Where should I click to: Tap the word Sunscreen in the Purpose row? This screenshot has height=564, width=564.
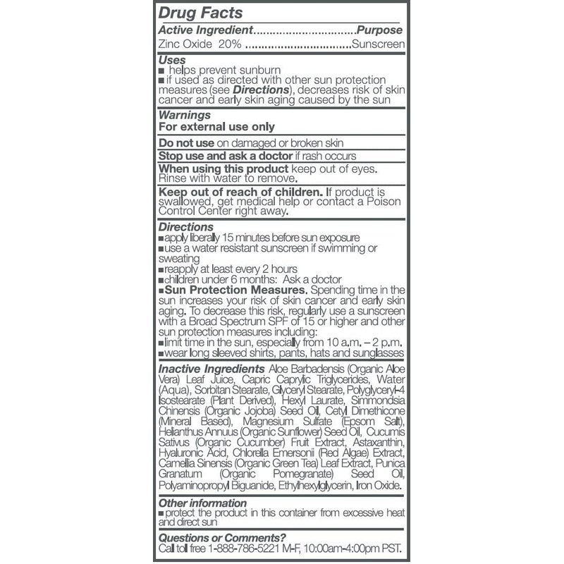(x=379, y=45)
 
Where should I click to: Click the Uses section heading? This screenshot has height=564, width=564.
(x=172, y=61)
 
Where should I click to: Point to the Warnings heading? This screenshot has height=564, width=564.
(x=185, y=114)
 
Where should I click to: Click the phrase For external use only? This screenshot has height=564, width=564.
(x=216, y=127)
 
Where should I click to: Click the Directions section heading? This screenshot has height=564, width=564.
(x=186, y=227)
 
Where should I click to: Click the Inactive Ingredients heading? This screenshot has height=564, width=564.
(x=209, y=369)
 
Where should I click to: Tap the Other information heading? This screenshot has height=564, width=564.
(x=203, y=503)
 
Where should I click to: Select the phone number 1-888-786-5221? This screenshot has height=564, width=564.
(x=248, y=550)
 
